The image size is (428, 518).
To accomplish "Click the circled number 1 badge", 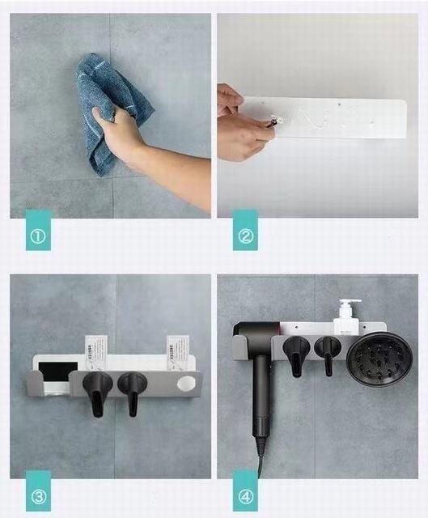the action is click(38, 236).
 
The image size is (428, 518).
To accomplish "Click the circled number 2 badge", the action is click(245, 236).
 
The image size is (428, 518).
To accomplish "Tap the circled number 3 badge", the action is click(38, 496).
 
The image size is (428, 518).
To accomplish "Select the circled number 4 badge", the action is click(245, 496).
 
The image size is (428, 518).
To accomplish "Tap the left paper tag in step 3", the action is click(95, 350).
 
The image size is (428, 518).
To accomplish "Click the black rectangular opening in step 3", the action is click(58, 372).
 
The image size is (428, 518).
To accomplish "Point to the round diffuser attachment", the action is click(380, 359).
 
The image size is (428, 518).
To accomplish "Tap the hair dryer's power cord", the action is click(261, 462).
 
